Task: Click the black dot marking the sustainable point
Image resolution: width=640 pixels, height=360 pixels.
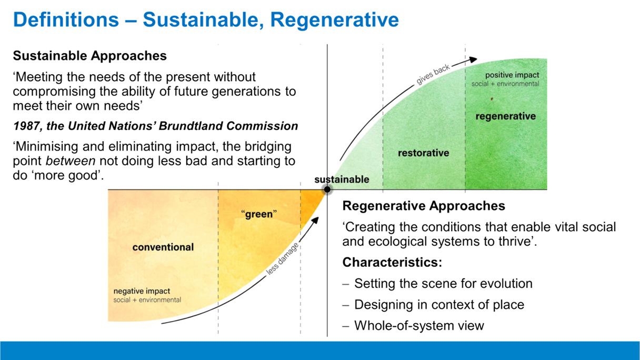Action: [x=327, y=189]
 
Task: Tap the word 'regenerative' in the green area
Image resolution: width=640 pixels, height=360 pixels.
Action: [x=505, y=116]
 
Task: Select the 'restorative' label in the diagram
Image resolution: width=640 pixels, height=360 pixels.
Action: [x=424, y=153]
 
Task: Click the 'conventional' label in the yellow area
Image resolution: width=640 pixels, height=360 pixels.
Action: [x=163, y=247]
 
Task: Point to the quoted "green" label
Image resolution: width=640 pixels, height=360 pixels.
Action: [x=259, y=214]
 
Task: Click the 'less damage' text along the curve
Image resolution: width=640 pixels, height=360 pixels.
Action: [x=283, y=258]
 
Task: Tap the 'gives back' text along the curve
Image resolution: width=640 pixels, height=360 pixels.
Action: [x=433, y=74]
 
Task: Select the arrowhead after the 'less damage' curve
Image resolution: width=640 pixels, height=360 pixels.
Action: [x=315, y=221]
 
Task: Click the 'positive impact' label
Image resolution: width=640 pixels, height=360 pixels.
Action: [x=512, y=75]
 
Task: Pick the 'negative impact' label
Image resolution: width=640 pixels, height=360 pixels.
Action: [x=142, y=291]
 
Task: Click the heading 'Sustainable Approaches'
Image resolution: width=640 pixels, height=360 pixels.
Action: [x=89, y=56]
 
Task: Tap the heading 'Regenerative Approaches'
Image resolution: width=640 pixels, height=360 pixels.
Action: [x=424, y=206]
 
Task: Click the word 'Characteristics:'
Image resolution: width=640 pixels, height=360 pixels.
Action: [x=392, y=262]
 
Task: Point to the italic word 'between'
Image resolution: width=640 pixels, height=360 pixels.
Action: [x=71, y=161]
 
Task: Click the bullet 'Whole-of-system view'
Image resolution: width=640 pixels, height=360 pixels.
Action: [x=419, y=325]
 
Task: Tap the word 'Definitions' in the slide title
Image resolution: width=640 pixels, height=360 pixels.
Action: [x=66, y=19]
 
